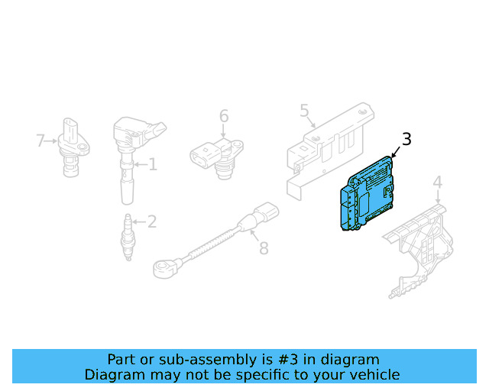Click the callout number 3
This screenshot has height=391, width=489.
pyautogui.click(x=406, y=139)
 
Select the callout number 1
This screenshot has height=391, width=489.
pyautogui.click(x=152, y=163)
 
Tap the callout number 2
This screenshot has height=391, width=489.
pyautogui.click(x=151, y=221)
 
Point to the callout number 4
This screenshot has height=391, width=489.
pyautogui.click(x=438, y=182)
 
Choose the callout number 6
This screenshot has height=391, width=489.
pyautogui.click(x=224, y=116)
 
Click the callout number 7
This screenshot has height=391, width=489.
pyautogui.click(x=41, y=140)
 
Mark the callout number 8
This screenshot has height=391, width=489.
pyautogui.click(x=264, y=248)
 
